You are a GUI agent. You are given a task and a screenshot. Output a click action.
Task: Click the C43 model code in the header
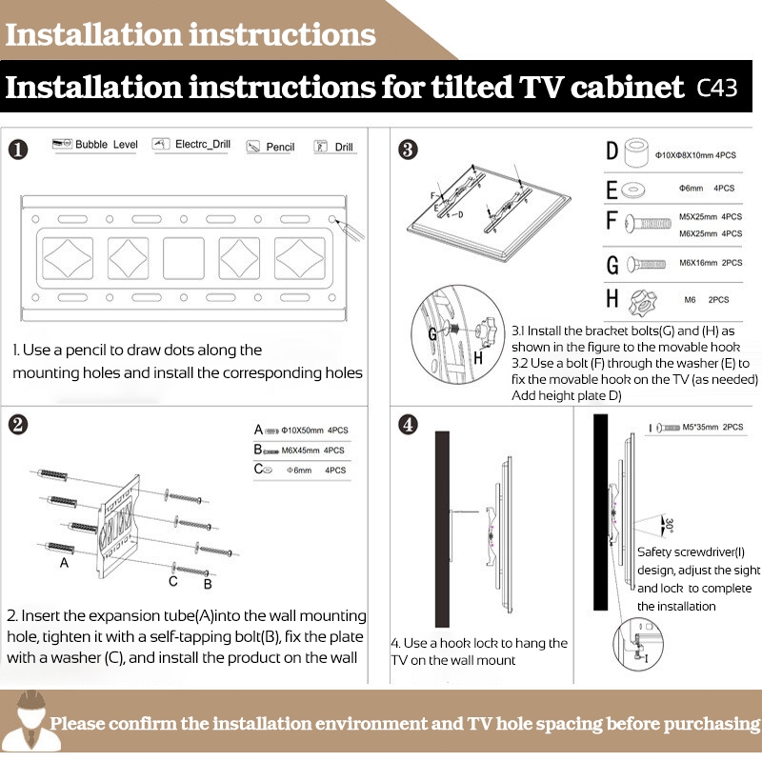point(717,90)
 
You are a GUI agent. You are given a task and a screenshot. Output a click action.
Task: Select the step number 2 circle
point(19,424)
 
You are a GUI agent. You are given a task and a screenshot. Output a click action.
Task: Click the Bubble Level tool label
point(106,145)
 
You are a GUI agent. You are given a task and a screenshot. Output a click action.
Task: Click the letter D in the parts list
point(612,151)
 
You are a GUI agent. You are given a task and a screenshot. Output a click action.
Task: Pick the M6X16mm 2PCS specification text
point(706,264)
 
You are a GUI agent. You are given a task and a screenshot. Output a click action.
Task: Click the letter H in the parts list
point(612,299)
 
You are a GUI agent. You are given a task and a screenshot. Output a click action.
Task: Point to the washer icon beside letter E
point(631,190)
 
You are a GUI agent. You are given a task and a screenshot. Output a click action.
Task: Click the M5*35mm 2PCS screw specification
point(706,428)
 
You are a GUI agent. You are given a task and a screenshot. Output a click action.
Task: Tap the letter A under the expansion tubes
point(64,563)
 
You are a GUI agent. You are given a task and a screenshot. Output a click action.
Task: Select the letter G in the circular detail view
point(433,334)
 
